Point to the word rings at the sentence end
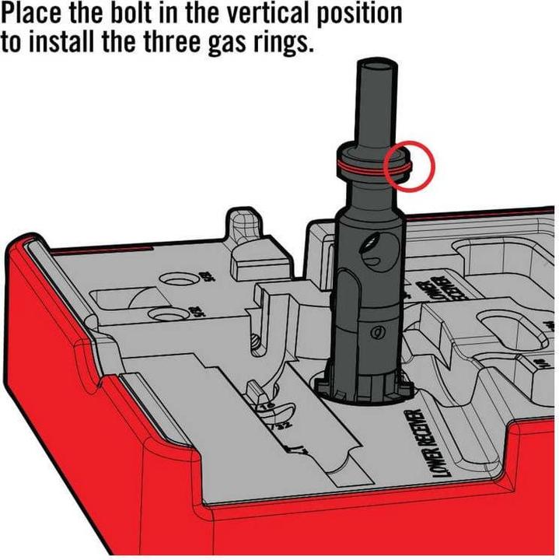pyautogui.click(x=282, y=42)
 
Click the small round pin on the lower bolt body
pyautogui.click(x=378, y=332)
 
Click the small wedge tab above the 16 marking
pyautogui.click(x=253, y=390)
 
